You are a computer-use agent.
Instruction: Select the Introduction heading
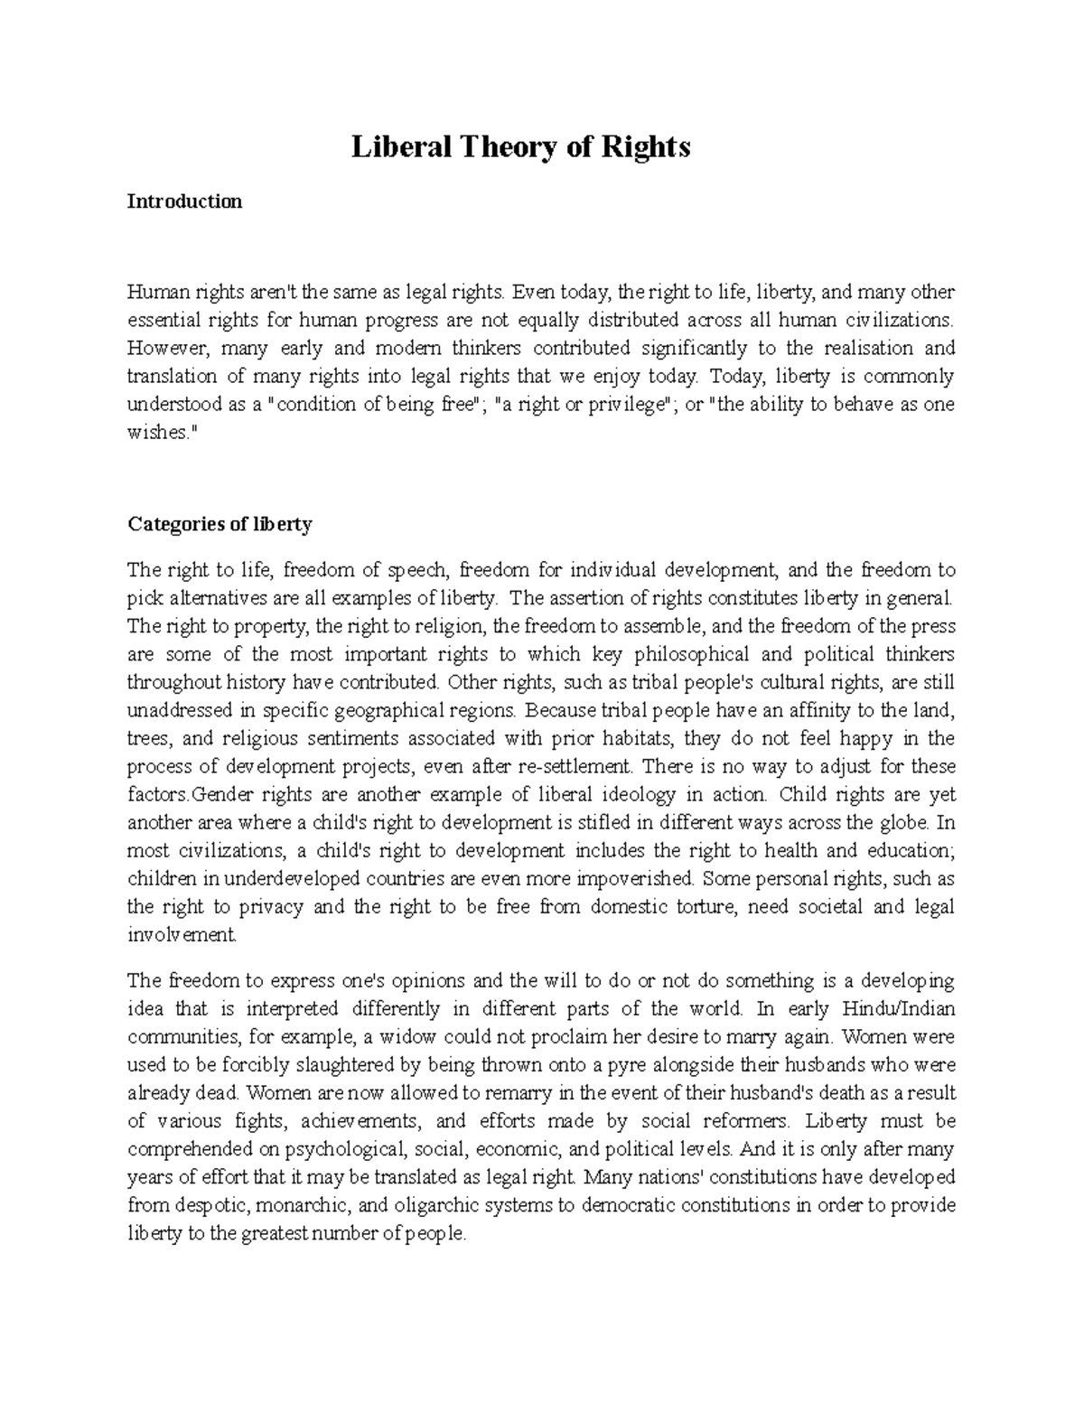pos(184,201)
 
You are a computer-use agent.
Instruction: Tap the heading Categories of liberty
pos(220,524)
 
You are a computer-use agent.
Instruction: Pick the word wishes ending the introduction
pos(157,433)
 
